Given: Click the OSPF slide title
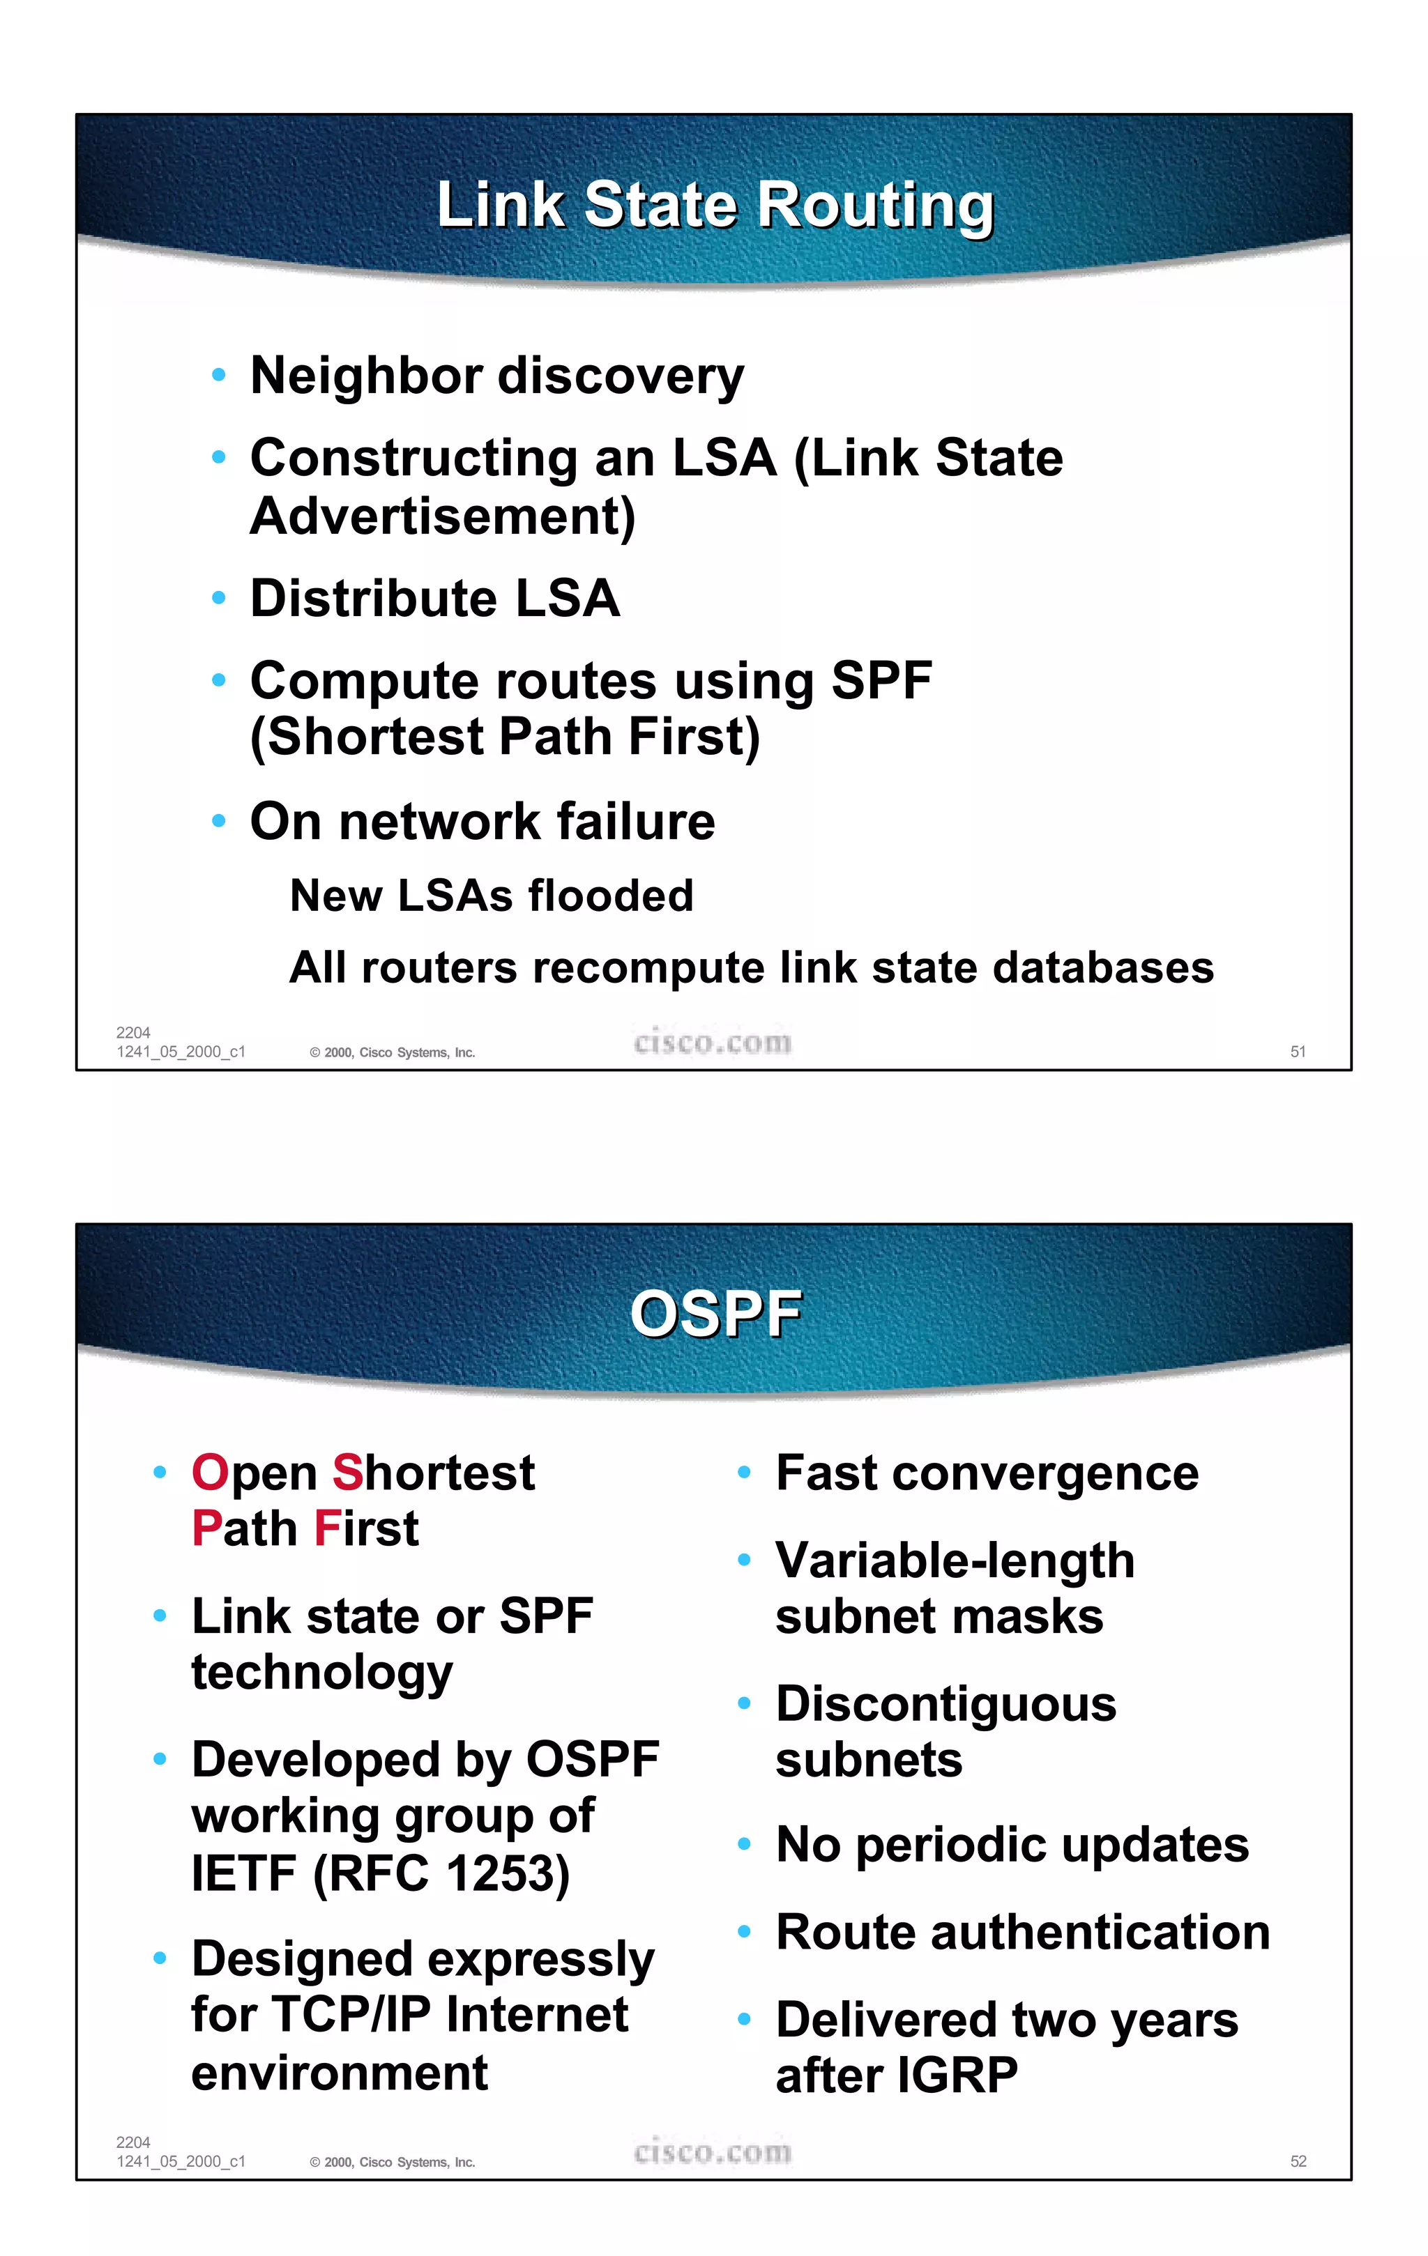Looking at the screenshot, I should (714, 1314).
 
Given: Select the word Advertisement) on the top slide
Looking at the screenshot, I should (442, 516).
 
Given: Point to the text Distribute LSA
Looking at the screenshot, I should (435, 599).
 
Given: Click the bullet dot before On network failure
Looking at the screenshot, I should (218, 822).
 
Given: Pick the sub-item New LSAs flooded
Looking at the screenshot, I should (491, 896).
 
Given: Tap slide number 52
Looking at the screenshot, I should (1298, 2161).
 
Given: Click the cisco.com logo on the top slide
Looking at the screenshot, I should (712, 1043).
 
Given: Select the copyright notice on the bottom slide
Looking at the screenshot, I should (393, 2163).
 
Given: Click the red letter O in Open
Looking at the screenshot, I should (210, 1473).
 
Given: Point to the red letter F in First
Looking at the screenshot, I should (327, 1529).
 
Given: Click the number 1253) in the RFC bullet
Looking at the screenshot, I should (507, 1873).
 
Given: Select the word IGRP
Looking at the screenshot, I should (957, 2075).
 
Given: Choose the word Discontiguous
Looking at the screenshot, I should (945, 1704).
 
